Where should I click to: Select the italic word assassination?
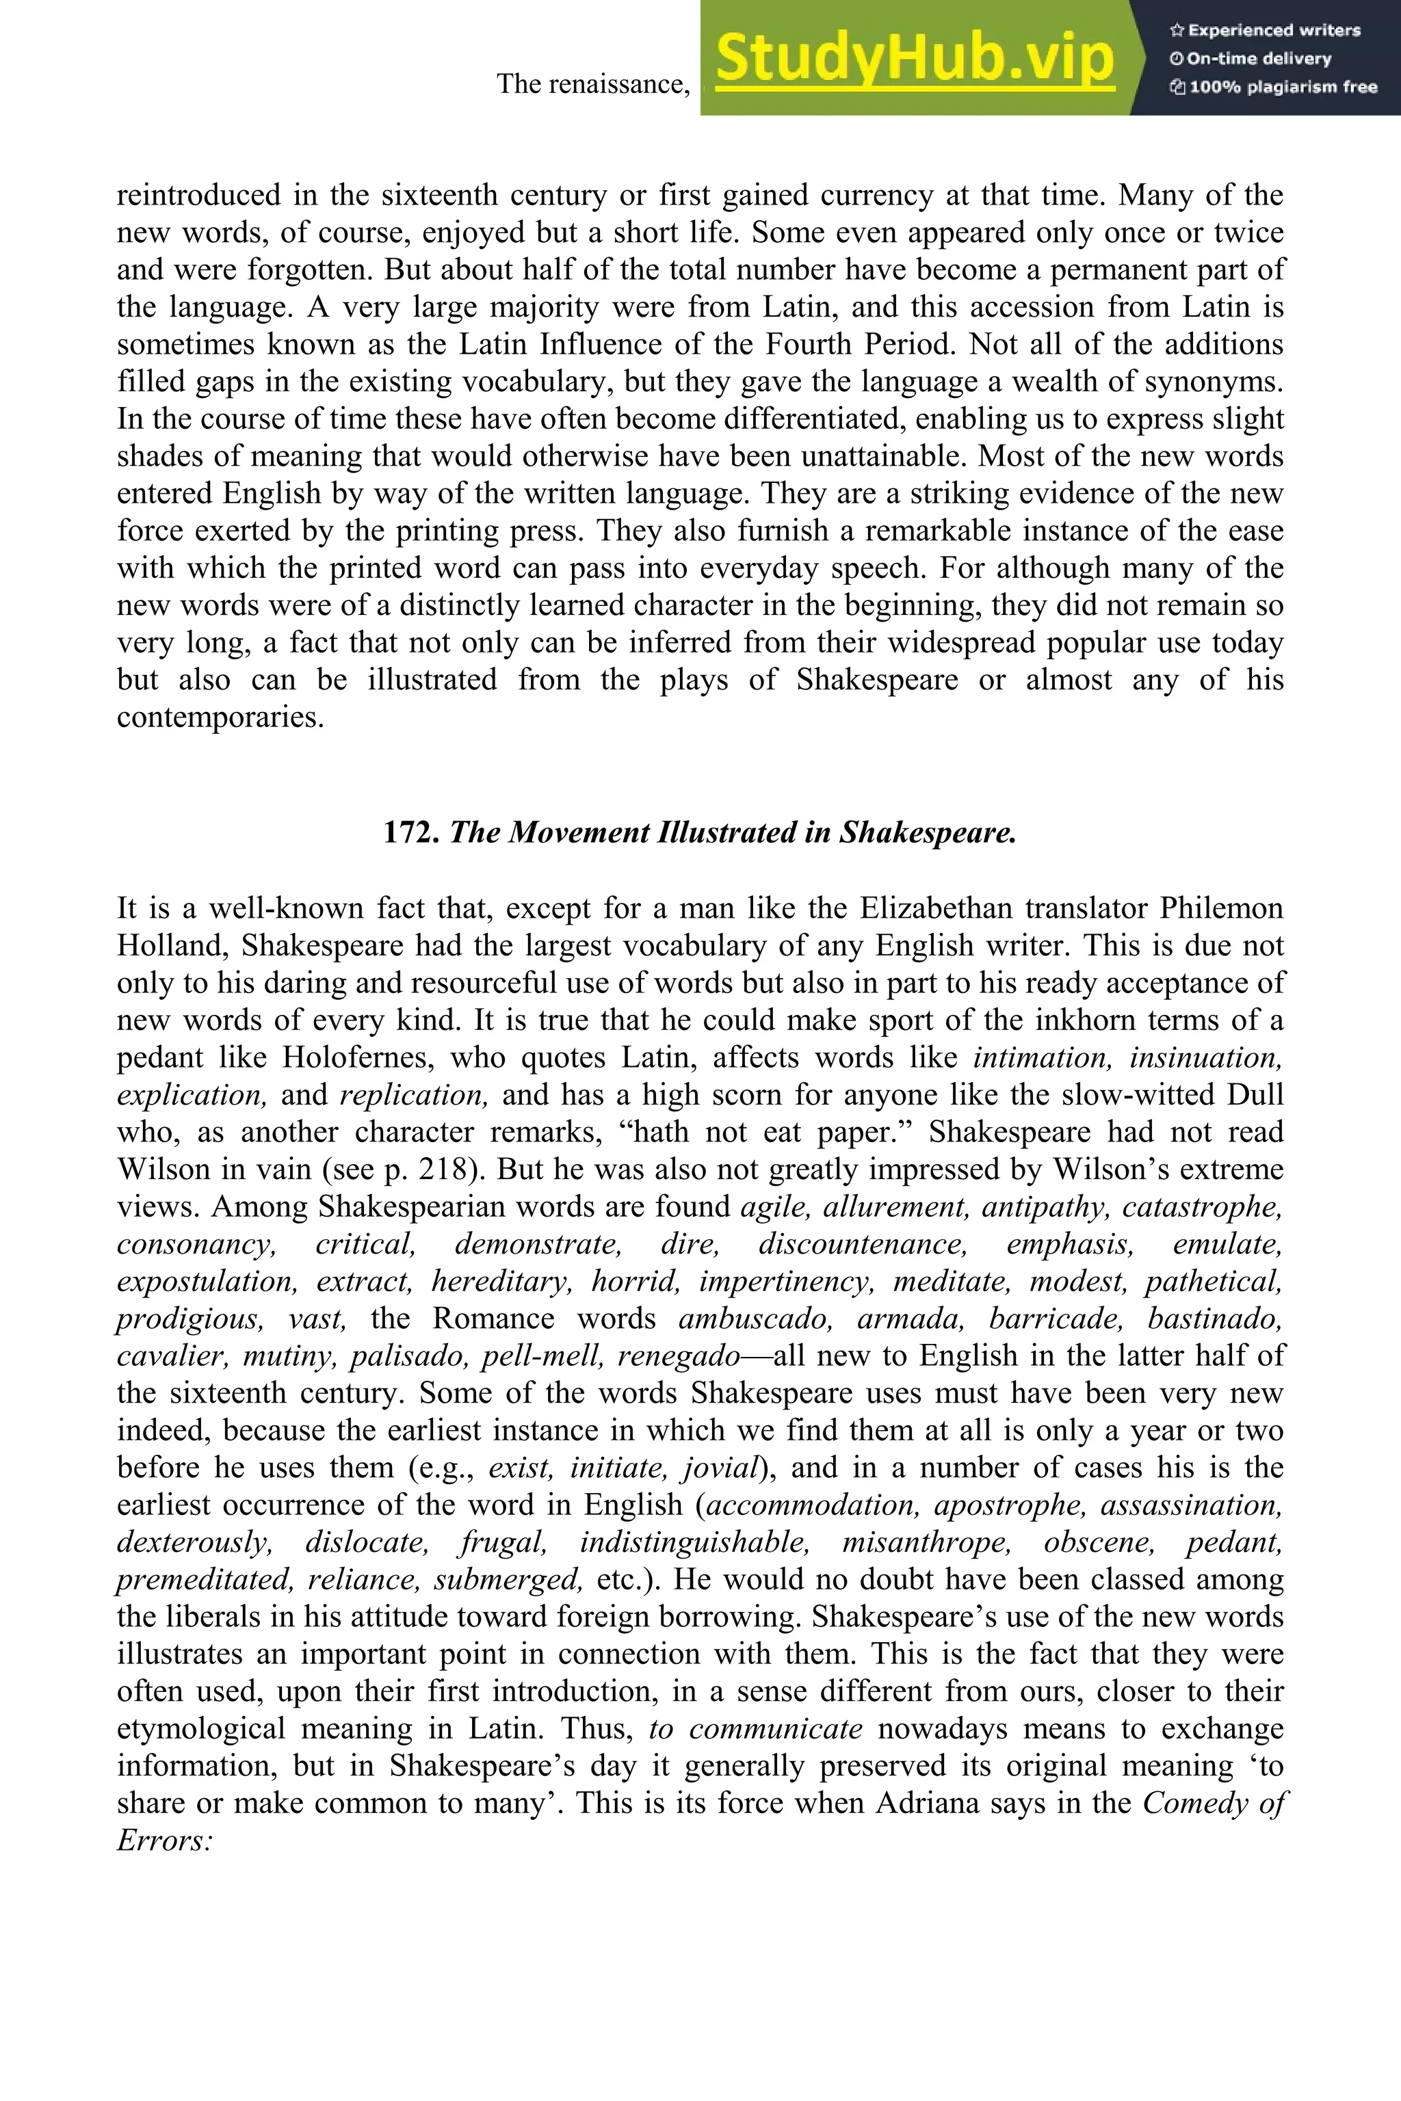[1191, 1505]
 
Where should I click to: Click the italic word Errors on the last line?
[163, 1841]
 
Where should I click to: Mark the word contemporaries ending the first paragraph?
[219, 717]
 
